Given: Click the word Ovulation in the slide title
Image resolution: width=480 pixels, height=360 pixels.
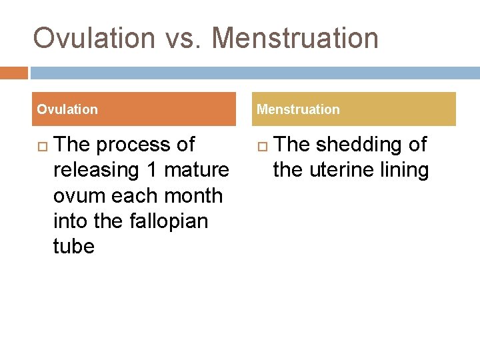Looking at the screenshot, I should tap(94, 38).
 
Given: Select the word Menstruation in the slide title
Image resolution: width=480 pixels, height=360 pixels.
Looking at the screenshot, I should tap(295, 38).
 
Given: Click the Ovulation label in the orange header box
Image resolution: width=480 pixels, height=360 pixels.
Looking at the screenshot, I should tap(67, 109).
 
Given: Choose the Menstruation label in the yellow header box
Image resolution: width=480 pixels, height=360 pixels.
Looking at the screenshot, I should tap(298, 109).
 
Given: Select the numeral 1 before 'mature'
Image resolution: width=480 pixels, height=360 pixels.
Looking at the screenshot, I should tap(151, 170).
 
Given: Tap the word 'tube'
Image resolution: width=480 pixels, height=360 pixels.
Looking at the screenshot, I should tap(74, 246).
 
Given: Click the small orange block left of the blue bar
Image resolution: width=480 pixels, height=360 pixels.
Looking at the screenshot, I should tap(14, 73).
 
